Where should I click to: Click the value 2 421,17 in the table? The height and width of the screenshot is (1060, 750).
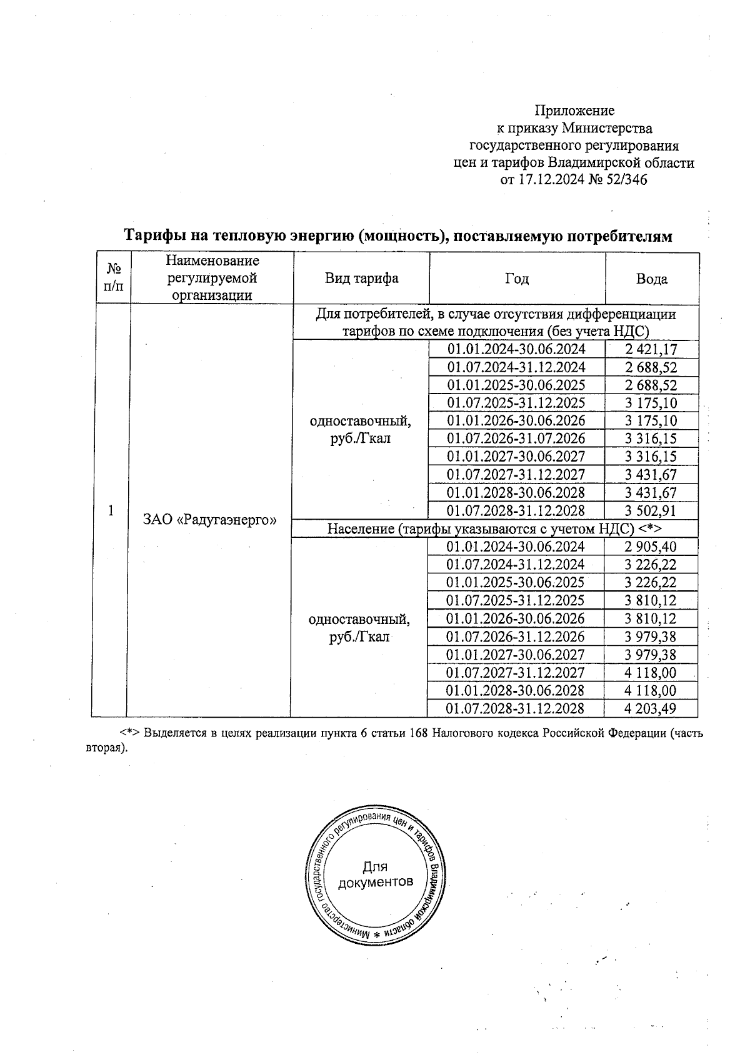(x=651, y=349)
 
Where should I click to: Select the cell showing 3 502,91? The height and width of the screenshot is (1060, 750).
(x=651, y=510)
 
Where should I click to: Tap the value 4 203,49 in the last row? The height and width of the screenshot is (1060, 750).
(x=651, y=708)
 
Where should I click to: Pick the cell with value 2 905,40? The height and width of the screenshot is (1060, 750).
(x=651, y=547)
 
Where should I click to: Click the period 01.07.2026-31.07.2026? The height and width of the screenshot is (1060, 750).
(x=516, y=438)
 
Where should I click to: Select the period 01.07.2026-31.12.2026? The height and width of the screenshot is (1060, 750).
(x=516, y=636)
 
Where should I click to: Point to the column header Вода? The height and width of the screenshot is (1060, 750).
(x=651, y=279)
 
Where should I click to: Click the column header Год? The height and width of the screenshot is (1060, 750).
(x=516, y=279)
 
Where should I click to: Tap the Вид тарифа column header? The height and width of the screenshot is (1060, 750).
(x=361, y=279)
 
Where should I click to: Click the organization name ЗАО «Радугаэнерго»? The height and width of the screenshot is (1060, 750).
(x=209, y=519)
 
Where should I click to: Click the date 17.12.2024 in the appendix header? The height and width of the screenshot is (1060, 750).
(x=552, y=181)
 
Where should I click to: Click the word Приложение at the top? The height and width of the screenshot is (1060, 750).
(x=574, y=111)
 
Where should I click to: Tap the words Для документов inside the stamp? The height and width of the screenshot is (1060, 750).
(x=375, y=874)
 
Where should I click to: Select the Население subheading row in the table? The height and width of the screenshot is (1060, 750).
(x=494, y=529)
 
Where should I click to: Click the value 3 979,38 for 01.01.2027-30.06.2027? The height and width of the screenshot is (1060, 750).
(x=651, y=655)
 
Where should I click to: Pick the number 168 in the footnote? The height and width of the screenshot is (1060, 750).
(x=417, y=733)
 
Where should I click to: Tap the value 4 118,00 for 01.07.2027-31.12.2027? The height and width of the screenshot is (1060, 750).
(x=651, y=673)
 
